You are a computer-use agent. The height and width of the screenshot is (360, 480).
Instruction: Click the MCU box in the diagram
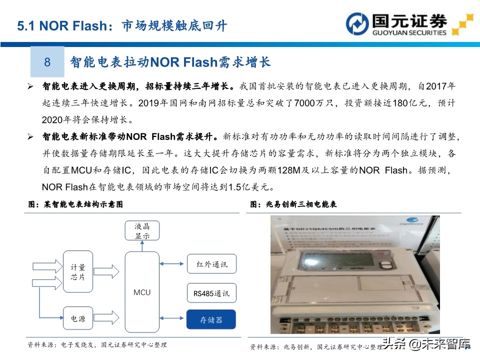point(142,292)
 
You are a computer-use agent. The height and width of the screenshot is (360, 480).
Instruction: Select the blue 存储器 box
point(211,319)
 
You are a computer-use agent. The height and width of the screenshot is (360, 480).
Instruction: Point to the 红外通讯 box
point(211,264)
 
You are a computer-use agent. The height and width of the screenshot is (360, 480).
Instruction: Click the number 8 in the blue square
point(47,62)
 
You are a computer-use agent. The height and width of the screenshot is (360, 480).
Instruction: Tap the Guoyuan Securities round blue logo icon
point(358,24)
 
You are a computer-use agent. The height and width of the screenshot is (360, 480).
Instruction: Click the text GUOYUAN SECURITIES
point(409,33)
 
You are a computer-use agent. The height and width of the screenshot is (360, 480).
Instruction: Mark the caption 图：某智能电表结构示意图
point(75,204)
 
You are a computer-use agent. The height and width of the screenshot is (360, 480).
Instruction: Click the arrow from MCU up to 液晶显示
point(142,246)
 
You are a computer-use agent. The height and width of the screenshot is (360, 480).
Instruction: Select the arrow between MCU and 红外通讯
point(173,264)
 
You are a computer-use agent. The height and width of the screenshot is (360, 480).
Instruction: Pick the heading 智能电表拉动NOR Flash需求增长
point(170,62)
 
